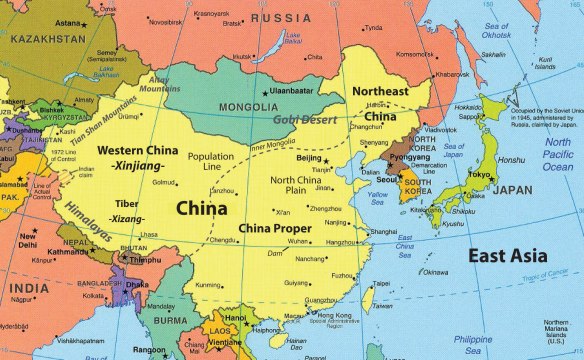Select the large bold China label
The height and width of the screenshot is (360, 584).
click(202, 208)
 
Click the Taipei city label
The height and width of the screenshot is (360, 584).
click(379, 283)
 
